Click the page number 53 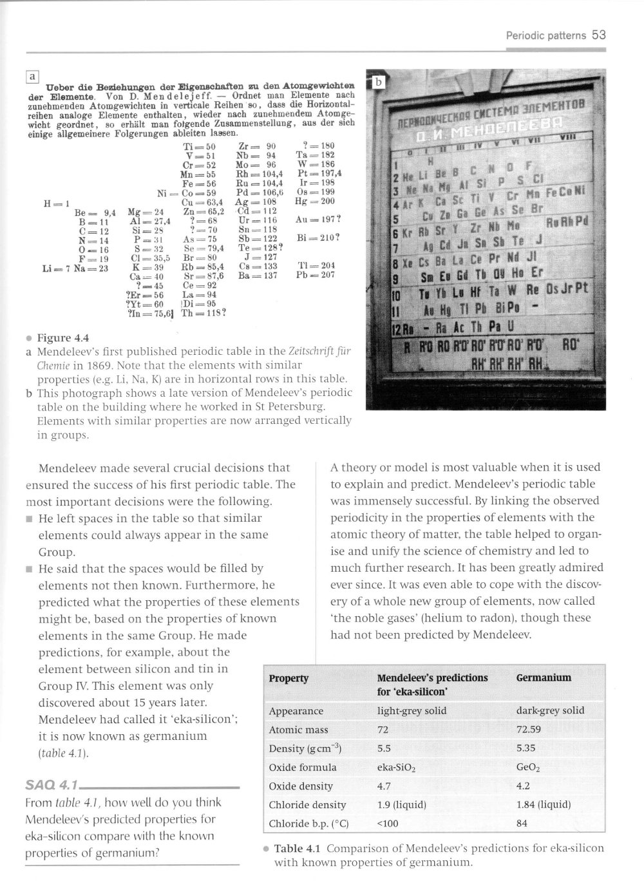(x=599, y=35)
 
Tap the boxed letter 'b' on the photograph (x=379, y=82)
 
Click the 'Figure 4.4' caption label (x=63, y=338)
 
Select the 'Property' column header (x=289, y=678)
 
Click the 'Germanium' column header (x=544, y=677)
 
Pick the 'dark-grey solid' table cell (x=550, y=710)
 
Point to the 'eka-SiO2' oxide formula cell (x=396, y=768)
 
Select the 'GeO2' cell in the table (x=528, y=768)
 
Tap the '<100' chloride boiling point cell (x=388, y=823)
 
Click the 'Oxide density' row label (x=301, y=786)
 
